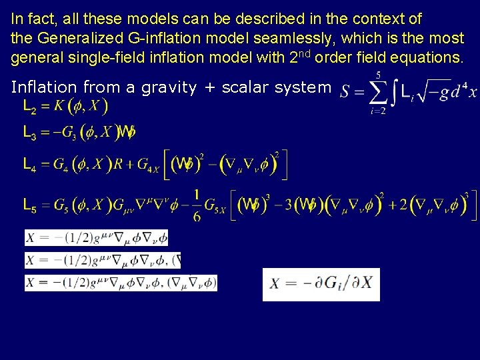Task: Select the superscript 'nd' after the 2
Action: pos(304,53)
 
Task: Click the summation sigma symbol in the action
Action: pos(378,93)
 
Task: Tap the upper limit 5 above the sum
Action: pos(379,75)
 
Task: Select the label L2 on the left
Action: pos(30,106)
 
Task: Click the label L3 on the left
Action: pos(30,134)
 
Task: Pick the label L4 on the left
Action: pos(30,165)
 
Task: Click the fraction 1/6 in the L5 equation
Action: pos(197,206)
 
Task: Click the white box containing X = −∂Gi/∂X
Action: pos(321,284)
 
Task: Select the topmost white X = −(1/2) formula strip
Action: pos(97,238)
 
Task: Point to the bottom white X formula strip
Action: pos(121,283)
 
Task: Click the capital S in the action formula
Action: pos(346,93)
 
